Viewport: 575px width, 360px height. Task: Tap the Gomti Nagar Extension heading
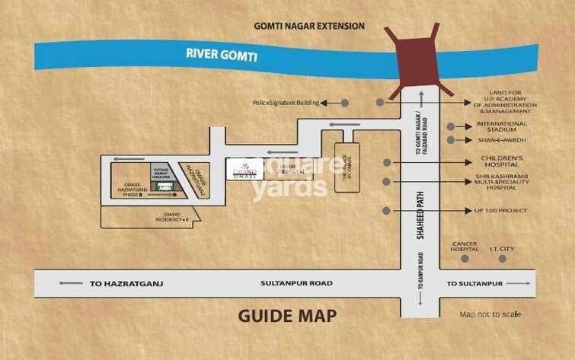tap(308, 26)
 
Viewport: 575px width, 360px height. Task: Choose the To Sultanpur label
tap(475, 283)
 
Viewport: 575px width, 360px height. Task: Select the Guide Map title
tap(286, 315)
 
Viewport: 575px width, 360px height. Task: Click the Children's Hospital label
tap(500, 161)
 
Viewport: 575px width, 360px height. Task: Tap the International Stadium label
tap(501, 126)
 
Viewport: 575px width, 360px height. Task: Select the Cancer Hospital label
tap(464, 247)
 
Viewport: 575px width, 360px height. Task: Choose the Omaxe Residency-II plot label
tap(171, 217)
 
